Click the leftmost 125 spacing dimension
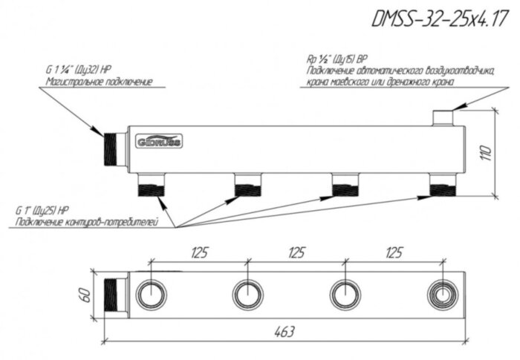coord(198,253)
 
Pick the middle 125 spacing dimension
coord(296,253)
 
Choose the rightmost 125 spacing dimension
coord(394,253)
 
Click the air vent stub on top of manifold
coord(442,117)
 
